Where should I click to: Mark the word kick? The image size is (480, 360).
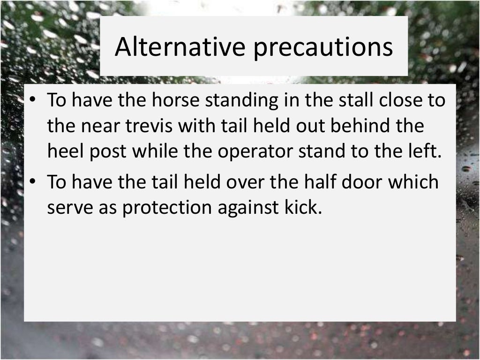(x=307, y=208)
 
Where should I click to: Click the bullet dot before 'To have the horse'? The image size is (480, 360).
(x=34, y=101)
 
